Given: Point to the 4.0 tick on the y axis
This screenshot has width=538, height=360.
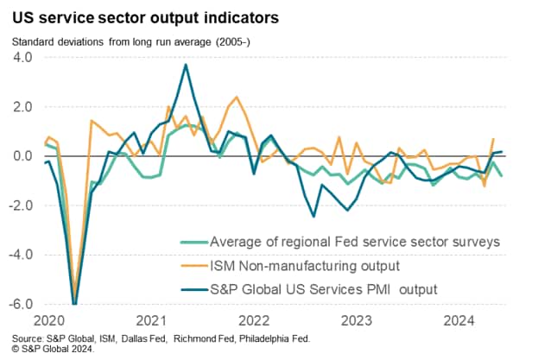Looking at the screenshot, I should coord(22,57).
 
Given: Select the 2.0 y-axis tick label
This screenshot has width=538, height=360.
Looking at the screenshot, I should coord(22,107).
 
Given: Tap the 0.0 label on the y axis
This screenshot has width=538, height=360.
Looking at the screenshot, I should coord(22,156).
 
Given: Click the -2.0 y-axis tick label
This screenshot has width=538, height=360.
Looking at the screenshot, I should coord(19,206).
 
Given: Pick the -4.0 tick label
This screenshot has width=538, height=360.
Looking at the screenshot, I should coord(19,256).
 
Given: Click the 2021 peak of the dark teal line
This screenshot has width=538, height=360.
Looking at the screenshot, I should coord(185,65).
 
